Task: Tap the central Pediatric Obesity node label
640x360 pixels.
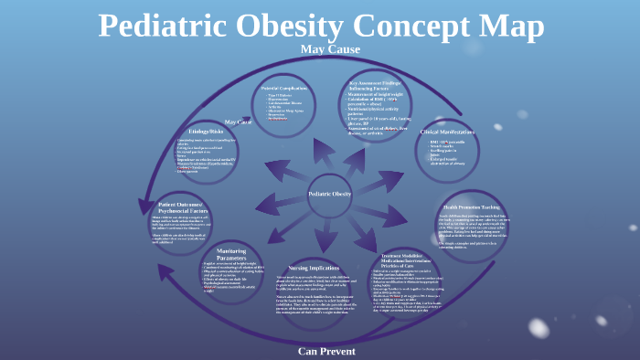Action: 330,194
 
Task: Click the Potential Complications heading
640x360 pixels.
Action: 285,87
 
